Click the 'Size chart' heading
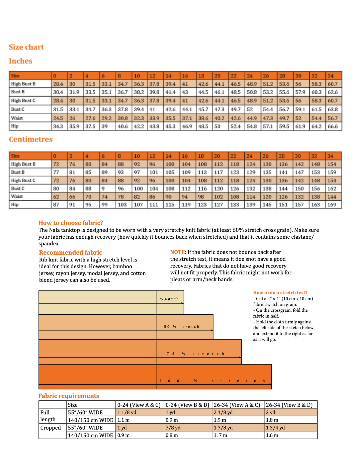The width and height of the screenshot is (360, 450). (x=26, y=47)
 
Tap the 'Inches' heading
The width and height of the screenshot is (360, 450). (x=21, y=61)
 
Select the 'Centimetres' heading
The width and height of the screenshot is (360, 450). (x=31, y=139)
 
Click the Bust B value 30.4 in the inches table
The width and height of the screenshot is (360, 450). (x=58, y=92)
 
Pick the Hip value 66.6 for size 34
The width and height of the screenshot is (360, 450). (x=332, y=126)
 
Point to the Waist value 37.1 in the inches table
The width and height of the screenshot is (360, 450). (x=187, y=118)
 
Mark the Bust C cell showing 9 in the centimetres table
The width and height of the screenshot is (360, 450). (x=103, y=188)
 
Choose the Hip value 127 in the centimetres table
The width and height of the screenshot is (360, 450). (x=218, y=205)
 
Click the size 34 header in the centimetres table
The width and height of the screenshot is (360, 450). (x=330, y=156)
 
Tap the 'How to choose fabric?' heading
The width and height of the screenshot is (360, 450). (x=71, y=223)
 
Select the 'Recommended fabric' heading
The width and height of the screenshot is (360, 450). (x=71, y=253)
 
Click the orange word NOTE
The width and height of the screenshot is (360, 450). (x=178, y=252)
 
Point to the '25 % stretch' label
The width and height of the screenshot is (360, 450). (x=169, y=299)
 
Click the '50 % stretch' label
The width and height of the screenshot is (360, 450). (x=182, y=327)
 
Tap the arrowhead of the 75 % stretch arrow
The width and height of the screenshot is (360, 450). (x=240, y=357)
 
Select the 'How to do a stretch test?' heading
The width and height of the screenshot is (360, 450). (x=280, y=293)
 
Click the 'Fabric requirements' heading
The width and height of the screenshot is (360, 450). (x=69, y=396)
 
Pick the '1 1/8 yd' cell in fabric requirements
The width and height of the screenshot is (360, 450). (x=127, y=412)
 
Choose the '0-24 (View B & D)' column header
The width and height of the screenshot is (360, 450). (x=187, y=405)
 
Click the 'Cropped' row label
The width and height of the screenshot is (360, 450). (x=51, y=428)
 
